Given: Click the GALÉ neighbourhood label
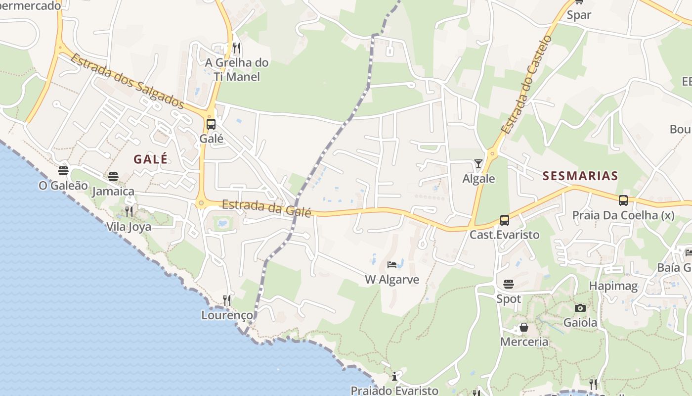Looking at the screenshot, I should point(150,159).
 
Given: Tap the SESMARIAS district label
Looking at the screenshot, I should point(580,176).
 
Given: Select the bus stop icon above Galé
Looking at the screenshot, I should point(211,124).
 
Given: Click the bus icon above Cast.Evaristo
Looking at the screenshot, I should point(504,220).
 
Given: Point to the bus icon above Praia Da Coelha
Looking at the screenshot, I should point(623,200).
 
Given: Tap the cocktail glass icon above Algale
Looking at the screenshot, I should point(478,164).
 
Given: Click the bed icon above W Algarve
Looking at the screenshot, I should point(392,265).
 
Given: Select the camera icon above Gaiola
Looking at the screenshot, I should point(580,308).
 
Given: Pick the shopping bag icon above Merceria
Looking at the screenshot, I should point(524,327).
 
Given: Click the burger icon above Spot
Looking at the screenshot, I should point(509,284).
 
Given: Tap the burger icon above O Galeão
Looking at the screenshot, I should point(63,171).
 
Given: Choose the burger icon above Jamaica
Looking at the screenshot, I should point(113,177).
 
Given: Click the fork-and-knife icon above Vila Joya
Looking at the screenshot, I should point(129,212).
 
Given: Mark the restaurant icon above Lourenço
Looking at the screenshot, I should point(227,300).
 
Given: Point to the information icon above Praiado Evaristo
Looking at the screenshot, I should point(394,376).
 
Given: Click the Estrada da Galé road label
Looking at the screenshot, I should point(266,208).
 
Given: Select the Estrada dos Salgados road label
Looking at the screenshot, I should point(127,81).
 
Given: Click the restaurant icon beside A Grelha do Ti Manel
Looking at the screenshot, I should point(237,48).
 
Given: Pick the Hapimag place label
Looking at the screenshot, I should point(613,286).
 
